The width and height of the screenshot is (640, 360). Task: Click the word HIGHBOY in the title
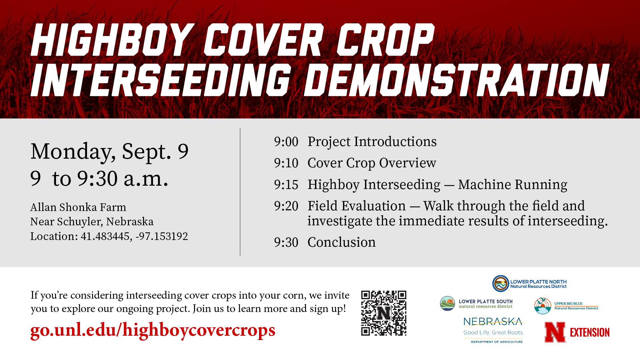click(113, 40)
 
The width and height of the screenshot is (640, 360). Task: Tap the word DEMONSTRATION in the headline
click(457, 80)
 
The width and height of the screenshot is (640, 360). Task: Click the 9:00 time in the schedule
click(286, 142)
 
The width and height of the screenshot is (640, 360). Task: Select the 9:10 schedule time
click(286, 163)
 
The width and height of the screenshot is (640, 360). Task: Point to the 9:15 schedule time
click(286, 185)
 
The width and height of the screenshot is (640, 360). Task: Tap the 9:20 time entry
click(286, 206)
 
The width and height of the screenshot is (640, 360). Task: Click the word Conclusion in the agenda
click(341, 242)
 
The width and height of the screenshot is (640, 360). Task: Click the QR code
click(384, 313)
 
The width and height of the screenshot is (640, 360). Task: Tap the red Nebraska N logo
click(555, 332)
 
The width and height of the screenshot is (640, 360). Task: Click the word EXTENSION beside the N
click(590, 333)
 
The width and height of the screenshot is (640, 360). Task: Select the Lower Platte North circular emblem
click(501, 284)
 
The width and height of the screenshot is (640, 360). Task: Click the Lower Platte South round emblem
click(447, 304)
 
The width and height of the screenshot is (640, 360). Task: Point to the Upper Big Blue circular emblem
click(543, 306)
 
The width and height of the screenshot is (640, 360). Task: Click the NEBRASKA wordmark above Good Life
click(493, 322)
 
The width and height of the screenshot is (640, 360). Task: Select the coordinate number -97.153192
click(162, 236)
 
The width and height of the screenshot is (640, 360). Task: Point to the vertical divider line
click(240, 192)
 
